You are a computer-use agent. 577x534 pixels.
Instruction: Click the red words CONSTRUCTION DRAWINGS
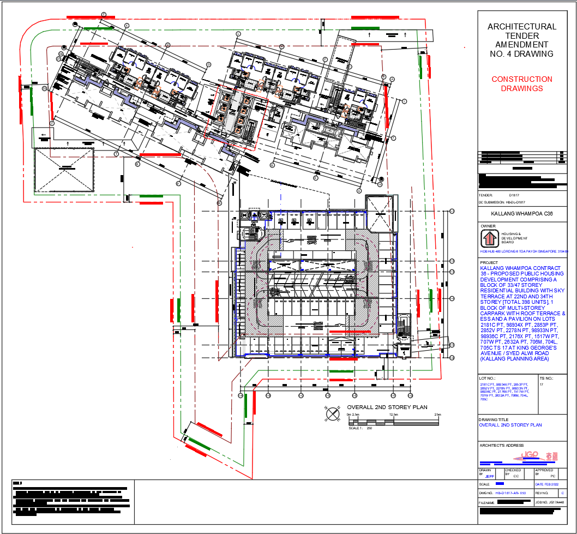point(521,83)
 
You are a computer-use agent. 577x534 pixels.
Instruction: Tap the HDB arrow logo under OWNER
point(489,238)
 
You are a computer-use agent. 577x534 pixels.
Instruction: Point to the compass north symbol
point(332,415)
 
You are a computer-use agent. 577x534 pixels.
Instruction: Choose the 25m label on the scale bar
point(437,415)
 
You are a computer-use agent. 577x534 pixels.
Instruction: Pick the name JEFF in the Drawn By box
point(490,476)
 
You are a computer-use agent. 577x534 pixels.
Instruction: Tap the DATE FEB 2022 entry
point(546,484)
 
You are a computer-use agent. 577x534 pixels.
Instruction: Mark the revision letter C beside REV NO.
point(555,493)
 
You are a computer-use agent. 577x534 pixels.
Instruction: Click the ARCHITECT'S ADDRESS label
point(501,446)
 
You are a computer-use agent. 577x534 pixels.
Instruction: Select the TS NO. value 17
point(542,385)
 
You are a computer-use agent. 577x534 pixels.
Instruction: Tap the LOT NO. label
point(487,377)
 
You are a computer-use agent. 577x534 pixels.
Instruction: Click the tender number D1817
point(515,195)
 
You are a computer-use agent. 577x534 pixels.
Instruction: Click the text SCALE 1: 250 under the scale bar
point(359,428)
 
